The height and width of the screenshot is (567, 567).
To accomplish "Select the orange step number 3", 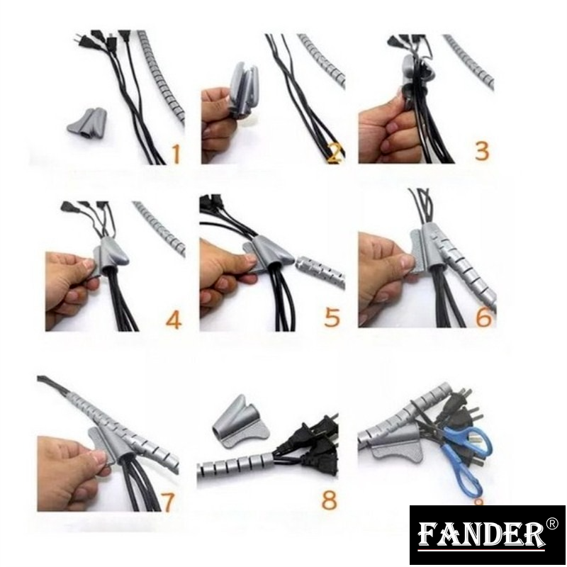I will (x=482, y=151).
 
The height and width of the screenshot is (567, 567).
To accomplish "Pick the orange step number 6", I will (x=483, y=317).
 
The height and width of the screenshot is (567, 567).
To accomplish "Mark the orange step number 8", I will (x=329, y=499).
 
